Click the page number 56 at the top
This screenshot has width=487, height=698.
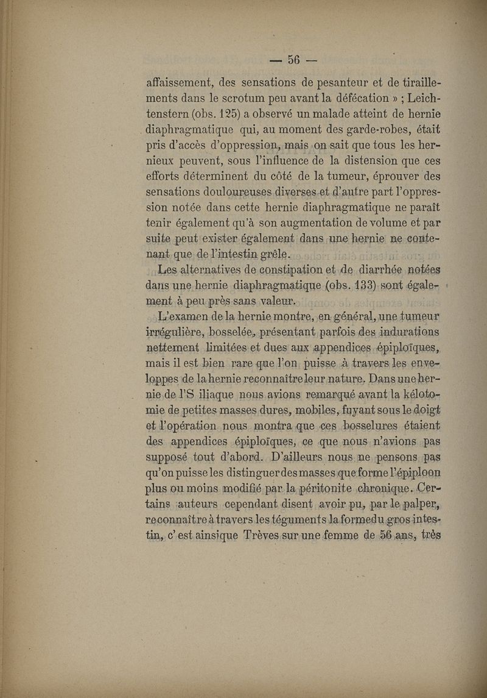[295, 60]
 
